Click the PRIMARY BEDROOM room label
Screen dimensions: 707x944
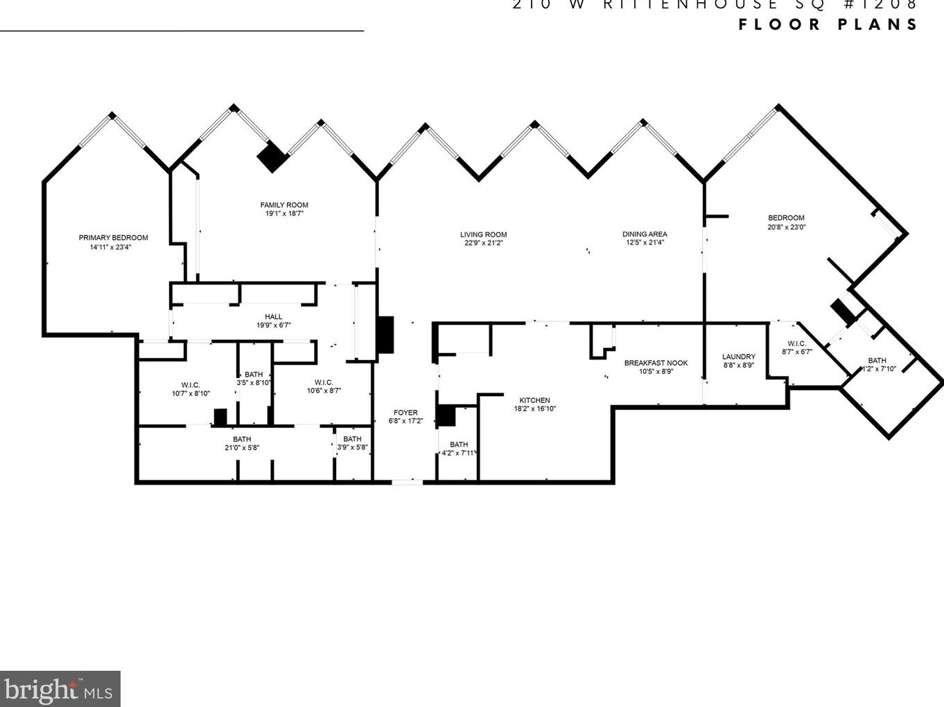pyautogui.click(x=113, y=238)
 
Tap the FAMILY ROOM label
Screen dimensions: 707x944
pyautogui.click(x=284, y=205)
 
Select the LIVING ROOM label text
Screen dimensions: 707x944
pyautogui.click(x=483, y=235)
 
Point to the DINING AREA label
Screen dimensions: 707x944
pyautogui.click(x=645, y=234)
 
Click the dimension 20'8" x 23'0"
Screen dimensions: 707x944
pyautogui.click(x=786, y=227)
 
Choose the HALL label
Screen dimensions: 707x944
pyautogui.click(x=273, y=317)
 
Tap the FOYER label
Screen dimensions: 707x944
pyautogui.click(x=405, y=413)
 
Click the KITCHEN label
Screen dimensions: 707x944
pyautogui.click(x=534, y=400)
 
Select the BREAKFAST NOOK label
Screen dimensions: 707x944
pyautogui.click(x=656, y=363)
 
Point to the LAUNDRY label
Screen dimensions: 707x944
pyautogui.click(x=738, y=357)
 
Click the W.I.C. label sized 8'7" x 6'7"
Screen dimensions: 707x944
pyautogui.click(x=796, y=343)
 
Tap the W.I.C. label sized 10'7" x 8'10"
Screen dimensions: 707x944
pyautogui.click(x=191, y=385)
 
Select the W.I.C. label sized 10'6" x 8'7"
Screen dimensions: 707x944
pyautogui.click(x=324, y=382)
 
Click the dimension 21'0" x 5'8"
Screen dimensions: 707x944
pyautogui.click(x=242, y=448)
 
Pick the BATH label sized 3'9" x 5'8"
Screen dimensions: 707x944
pyautogui.click(x=352, y=439)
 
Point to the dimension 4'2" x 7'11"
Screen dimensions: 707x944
pyautogui.click(x=459, y=454)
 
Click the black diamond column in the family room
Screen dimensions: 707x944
pyautogui.click(x=272, y=157)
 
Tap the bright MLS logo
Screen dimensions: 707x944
pyautogui.click(x=60, y=689)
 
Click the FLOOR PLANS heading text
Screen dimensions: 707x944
pyautogui.click(x=828, y=25)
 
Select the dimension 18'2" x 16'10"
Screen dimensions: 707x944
pyautogui.click(x=534, y=409)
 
